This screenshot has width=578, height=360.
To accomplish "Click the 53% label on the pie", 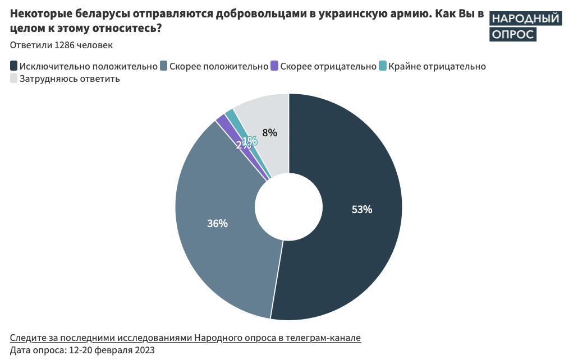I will pyautogui.click(x=362, y=210).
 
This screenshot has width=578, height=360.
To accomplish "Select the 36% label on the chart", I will pyautogui.click(x=217, y=223).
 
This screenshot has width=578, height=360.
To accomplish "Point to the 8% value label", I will pyautogui.click(x=270, y=133).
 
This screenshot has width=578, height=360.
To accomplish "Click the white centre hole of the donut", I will pyautogui.click(x=289, y=207).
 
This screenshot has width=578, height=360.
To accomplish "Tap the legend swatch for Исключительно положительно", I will pyautogui.click(x=14, y=66).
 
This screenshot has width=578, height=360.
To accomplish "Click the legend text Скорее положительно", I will pyautogui.click(x=219, y=66).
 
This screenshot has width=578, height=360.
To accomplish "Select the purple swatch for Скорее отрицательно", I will pyautogui.click(x=274, y=66).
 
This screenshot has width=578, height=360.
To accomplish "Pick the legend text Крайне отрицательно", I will pyautogui.click(x=437, y=66).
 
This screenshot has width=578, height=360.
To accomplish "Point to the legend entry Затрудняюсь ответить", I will pyautogui.click(x=70, y=79).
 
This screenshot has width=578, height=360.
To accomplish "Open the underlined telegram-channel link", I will pyautogui.click(x=185, y=338).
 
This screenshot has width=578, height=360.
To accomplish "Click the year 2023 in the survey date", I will pyautogui.click(x=143, y=350).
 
